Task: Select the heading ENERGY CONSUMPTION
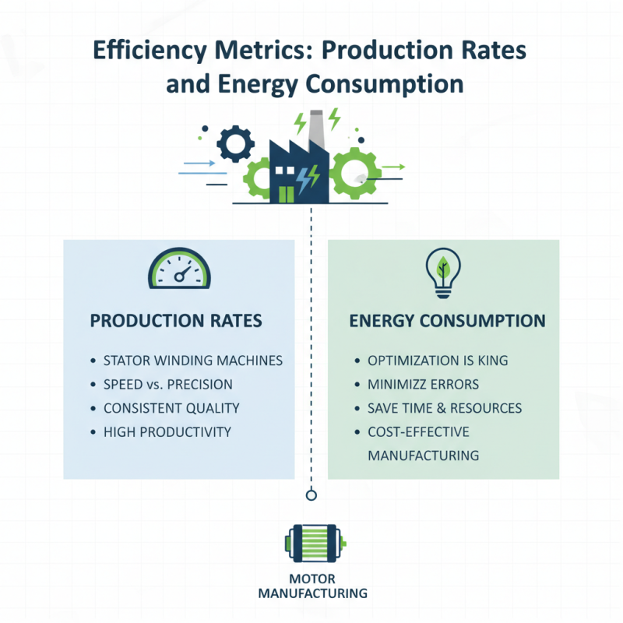[x=447, y=321]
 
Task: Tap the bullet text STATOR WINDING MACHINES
[x=192, y=361]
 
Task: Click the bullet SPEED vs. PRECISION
[x=167, y=385]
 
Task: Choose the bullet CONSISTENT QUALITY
[x=171, y=408]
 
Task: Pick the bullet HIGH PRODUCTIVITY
[x=167, y=431]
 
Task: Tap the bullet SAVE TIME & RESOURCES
[x=445, y=408]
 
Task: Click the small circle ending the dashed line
[x=311, y=495]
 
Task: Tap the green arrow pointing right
[x=394, y=167]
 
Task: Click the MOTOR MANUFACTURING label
[x=311, y=586]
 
